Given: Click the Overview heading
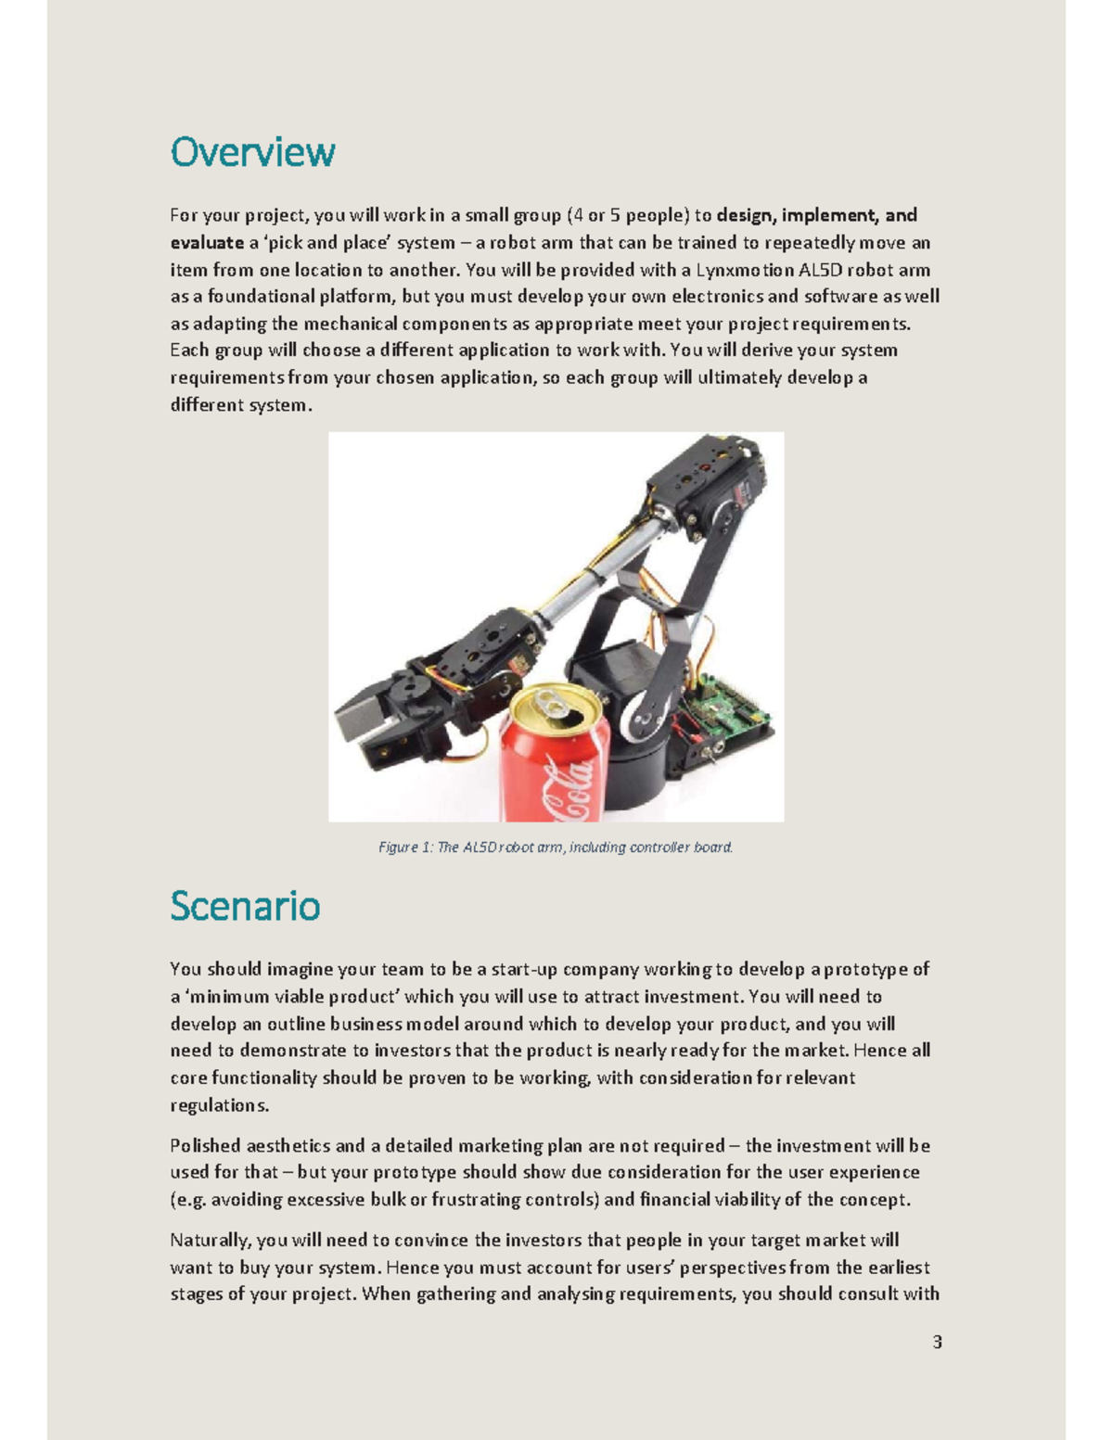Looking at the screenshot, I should tap(252, 152).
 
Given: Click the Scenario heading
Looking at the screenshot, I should tap(245, 906).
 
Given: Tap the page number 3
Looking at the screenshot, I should tap(937, 1342).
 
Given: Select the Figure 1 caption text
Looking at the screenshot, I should tap(556, 847).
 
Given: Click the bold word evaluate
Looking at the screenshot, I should tap(206, 243).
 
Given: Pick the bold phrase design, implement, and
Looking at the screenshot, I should tap(816, 215).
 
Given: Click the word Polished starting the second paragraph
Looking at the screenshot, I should tap(205, 1145).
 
